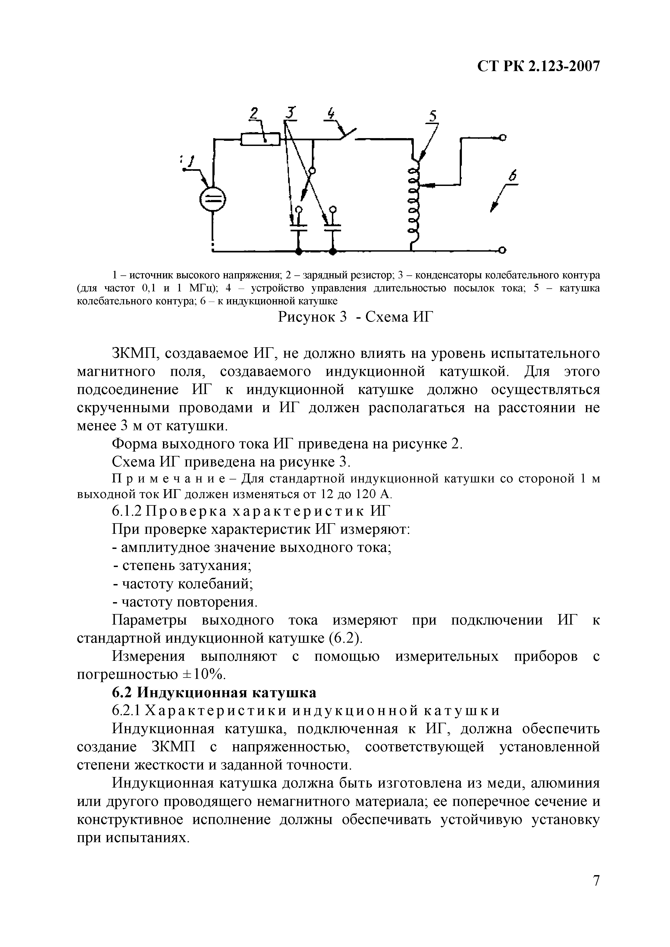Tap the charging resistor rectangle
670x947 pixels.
pos(260,139)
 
